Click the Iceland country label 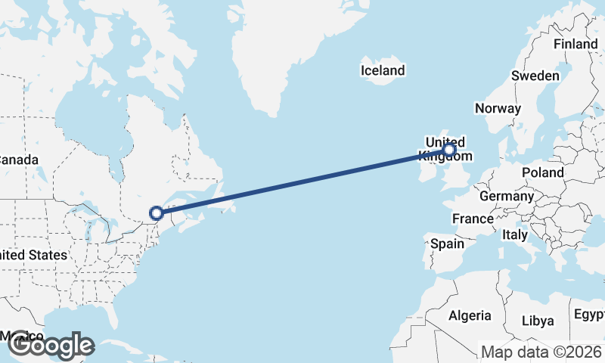click(x=383, y=71)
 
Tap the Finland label click(x=576, y=44)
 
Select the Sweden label click(x=535, y=76)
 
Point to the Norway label click(x=498, y=108)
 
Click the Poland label click(x=542, y=172)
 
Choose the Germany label click(x=507, y=196)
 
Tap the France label click(x=473, y=219)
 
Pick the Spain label click(x=446, y=244)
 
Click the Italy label click(x=514, y=235)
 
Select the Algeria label click(x=470, y=315)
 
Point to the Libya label click(x=538, y=321)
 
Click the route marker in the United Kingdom click(x=449, y=150)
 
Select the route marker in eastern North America click(x=157, y=213)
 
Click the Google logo click(x=51, y=346)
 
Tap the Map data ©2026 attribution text click(x=541, y=352)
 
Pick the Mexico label click(x=21, y=335)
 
